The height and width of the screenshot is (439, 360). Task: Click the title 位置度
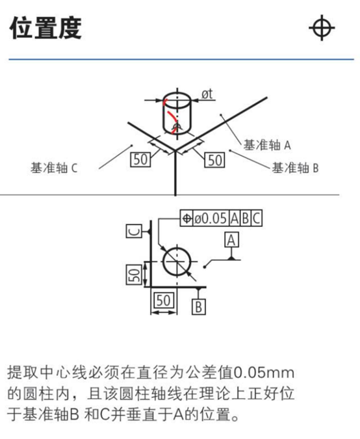pyautogui.click(x=45, y=28)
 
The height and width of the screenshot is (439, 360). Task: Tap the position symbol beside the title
pyautogui.click(x=322, y=28)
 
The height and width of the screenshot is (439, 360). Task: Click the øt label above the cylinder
pyautogui.click(x=207, y=94)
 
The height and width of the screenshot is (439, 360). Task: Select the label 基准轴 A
pyautogui.click(x=267, y=145)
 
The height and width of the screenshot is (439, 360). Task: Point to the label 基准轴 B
pyautogui.click(x=295, y=168)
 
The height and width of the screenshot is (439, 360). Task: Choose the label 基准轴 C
pyautogui.click(x=54, y=168)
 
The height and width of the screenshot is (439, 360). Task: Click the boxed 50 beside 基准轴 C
pyautogui.click(x=140, y=159)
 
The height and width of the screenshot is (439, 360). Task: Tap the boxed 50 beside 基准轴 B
pyautogui.click(x=214, y=160)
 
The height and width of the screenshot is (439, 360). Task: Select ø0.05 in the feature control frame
pyautogui.click(x=211, y=218)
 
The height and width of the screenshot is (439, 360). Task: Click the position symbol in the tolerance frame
pyautogui.click(x=186, y=218)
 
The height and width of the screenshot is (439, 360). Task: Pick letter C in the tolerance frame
pyautogui.click(x=256, y=218)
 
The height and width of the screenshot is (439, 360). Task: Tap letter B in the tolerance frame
pyautogui.click(x=246, y=218)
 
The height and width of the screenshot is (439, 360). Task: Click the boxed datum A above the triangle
pyautogui.click(x=231, y=239)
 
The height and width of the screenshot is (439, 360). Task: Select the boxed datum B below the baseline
pyautogui.click(x=199, y=306)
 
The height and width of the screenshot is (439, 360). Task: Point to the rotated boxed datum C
pyautogui.click(x=135, y=232)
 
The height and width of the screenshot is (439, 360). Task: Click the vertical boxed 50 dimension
pyautogui.click(x=134, y=274)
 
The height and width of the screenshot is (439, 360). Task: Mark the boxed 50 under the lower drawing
pyautogui.click(x=164, y=300)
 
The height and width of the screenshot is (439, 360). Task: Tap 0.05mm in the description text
pyautogui.click(x=263, y=373)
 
